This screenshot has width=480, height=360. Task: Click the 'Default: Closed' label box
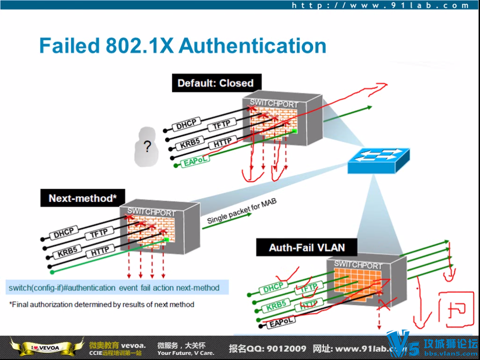(216, 83)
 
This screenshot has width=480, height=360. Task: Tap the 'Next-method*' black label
(82, 198)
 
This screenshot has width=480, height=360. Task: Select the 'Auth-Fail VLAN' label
(307, 247)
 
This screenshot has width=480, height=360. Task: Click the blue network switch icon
(378, 161)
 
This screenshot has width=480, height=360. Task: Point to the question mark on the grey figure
(147, 147)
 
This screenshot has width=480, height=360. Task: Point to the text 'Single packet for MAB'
(242, 212)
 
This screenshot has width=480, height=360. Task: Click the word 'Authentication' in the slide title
(253, 46)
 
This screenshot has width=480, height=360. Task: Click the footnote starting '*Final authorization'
(102, 304)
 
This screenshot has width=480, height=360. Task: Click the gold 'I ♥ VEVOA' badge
(41, 347)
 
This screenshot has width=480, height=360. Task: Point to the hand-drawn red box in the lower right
(453, 310)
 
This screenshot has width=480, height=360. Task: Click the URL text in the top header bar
(380, 6)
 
